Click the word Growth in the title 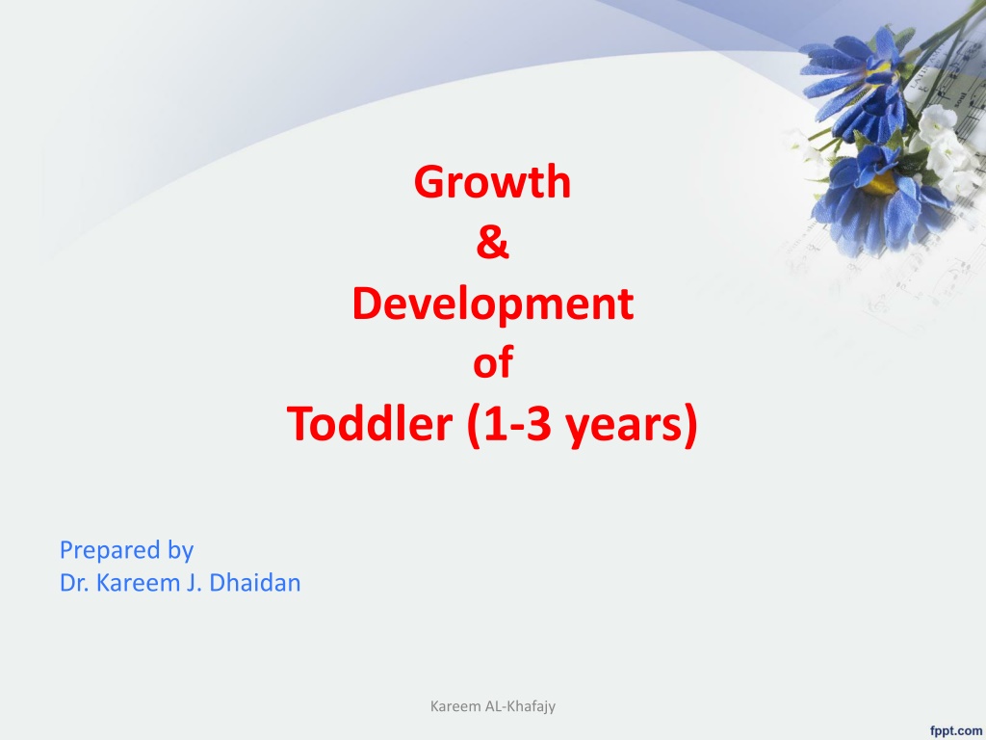click(x=492, y=181)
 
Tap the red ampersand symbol click(x=492, y=242)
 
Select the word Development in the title click(x=492, y=304)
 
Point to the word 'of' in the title click(x=493, y=362)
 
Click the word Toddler click(x=370, y=423)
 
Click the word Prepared click(x=111, y=550)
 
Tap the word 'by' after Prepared click(x=180, y=550)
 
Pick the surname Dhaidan click(x=254, y=583)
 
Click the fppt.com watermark click(x=956, y=730)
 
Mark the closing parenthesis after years click(x=689, y=425)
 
